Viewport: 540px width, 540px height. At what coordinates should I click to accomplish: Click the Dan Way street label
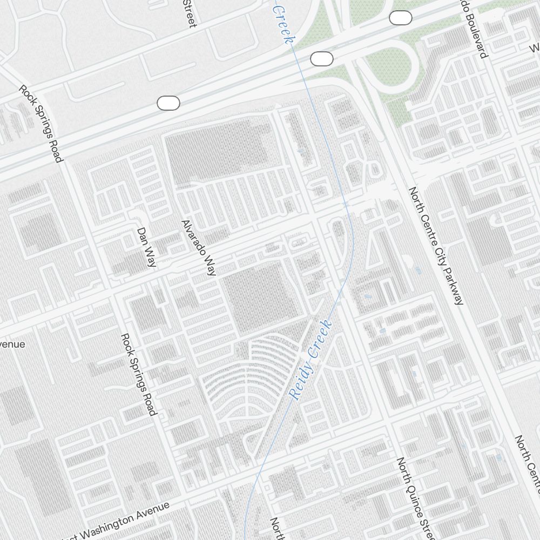click(147, 247)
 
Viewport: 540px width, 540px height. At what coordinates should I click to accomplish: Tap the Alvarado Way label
click(199, 248)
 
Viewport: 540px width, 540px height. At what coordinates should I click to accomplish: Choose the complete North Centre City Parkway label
click(436, 246)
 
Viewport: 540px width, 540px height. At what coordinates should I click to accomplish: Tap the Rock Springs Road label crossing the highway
click(41, 124)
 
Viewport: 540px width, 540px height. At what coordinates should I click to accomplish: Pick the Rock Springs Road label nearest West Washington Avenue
click(139, 374)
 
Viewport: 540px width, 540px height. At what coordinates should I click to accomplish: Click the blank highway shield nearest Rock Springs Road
click(168, 103)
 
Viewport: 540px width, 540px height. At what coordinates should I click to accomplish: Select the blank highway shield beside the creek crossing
click(321, 59)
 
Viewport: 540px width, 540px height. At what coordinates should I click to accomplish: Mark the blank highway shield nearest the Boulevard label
click(400, 18)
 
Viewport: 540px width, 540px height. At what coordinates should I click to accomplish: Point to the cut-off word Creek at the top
click(284, 24)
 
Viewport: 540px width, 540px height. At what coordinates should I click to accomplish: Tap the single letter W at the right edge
click(534, 49)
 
